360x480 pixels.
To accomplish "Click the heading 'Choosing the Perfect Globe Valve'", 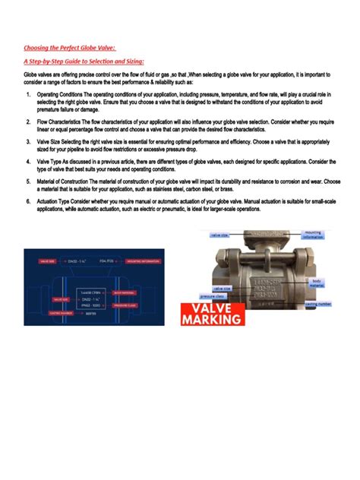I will coord(69,47).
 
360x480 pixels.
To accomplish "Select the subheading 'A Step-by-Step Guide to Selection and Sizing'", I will coord(84,61).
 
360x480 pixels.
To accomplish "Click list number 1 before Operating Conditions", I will coord(27,94).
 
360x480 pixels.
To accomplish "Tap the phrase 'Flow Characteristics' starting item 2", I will coord(62,121).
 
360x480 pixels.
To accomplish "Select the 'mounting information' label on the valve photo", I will coord(312,235).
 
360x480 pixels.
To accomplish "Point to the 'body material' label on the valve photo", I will coord(317,283).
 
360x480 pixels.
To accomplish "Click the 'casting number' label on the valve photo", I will coord(317,303).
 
